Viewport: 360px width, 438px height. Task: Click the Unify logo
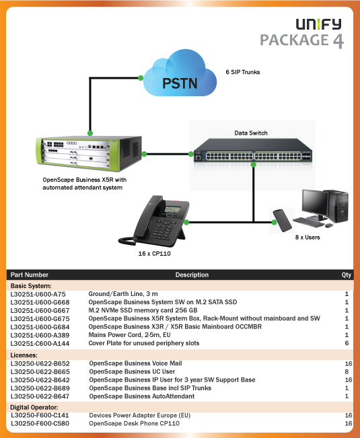point(319,24)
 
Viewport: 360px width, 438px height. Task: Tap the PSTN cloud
point(180,73)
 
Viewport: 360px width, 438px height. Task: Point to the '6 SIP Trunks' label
point(243,72)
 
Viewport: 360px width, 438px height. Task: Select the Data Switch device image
point(253,151)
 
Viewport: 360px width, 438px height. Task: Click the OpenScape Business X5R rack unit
point(89,153)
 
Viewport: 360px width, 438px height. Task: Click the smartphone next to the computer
point(283,221)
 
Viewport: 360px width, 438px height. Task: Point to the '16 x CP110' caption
point(155,254)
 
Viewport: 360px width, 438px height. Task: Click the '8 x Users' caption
point(308,238)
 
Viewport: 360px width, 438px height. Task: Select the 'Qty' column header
point(347,275)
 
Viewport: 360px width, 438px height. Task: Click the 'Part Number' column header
point(30,275)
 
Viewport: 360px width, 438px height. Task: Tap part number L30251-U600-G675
point(40,319)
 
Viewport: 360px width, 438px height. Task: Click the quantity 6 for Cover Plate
point(347,343)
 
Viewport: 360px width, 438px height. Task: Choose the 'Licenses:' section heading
point(24,355)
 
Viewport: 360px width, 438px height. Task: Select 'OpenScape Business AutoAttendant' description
point(142,396)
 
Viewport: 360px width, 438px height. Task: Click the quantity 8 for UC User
point(347,371)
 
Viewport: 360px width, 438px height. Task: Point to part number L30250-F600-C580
point(40,423)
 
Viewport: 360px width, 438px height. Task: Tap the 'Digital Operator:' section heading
point(34,407)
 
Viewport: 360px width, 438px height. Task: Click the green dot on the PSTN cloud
point(141,78)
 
